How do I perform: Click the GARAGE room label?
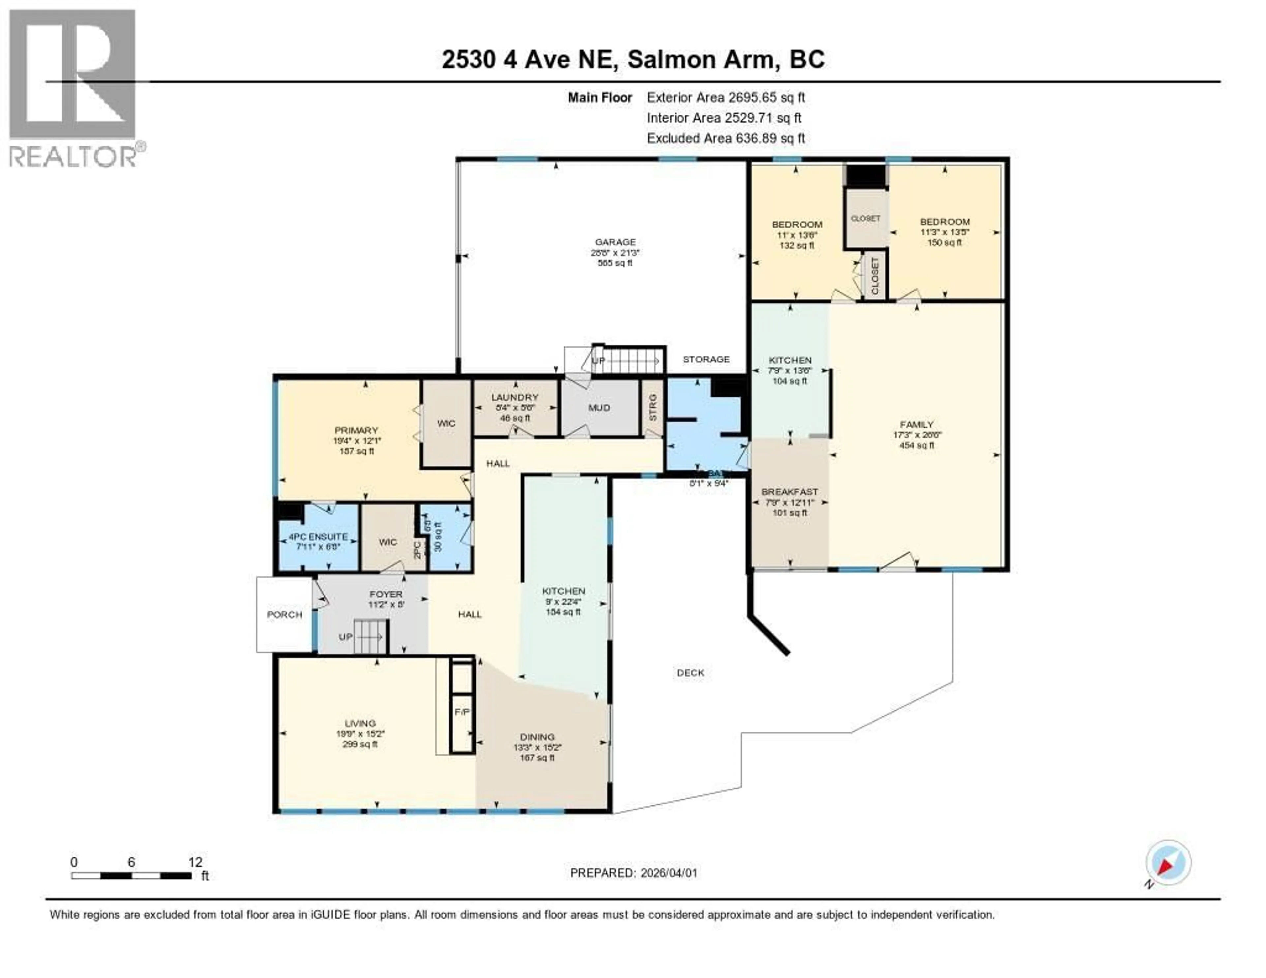615,242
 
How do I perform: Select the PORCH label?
285,615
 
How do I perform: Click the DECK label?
690,672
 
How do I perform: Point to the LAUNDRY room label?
515,397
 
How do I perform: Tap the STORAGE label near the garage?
706,359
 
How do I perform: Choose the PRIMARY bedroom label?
356,430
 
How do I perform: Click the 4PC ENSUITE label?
318,537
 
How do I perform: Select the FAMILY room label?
917,424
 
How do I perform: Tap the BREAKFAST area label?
790,492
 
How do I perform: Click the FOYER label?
385,594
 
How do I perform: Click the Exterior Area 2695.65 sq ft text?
726,97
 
